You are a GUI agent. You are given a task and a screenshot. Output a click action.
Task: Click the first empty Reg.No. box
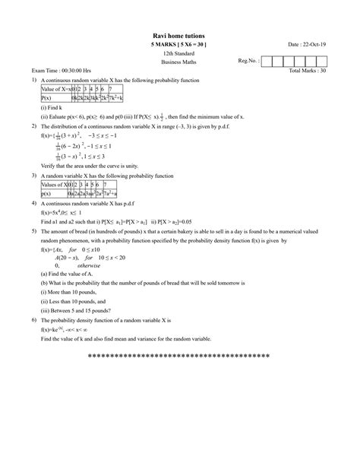[267, 60]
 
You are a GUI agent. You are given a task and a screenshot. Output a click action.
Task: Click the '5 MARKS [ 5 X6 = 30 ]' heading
[179, 46]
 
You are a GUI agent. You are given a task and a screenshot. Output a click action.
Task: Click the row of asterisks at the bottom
[179, 357]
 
